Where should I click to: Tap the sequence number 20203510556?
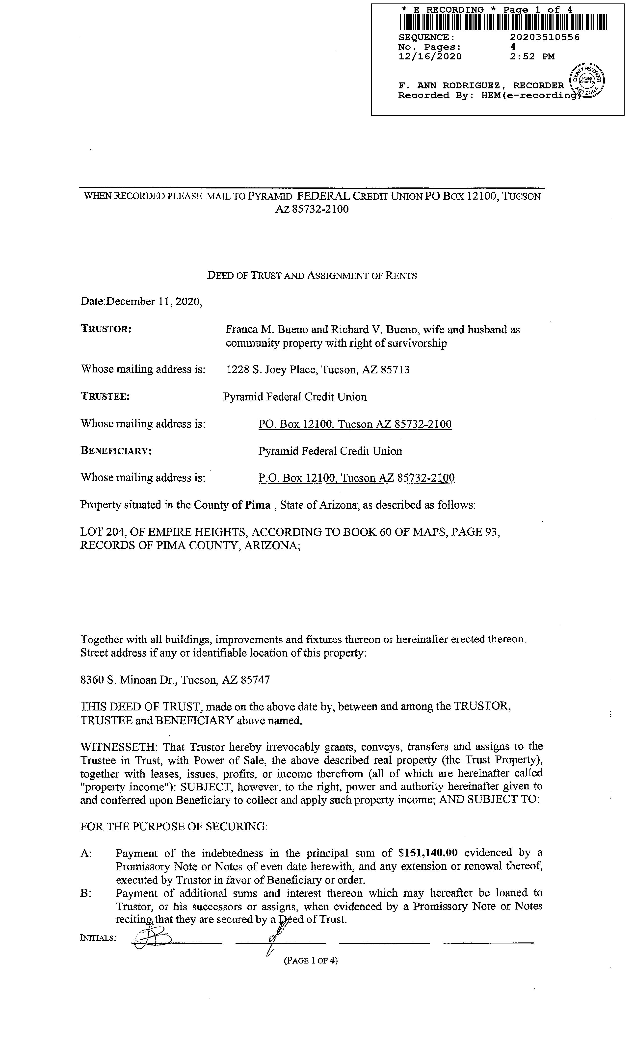[545, 37]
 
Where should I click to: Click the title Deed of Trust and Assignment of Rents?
[312, 276]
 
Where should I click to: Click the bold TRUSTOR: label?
[106, 329]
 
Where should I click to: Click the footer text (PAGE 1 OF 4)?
[311, 960]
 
